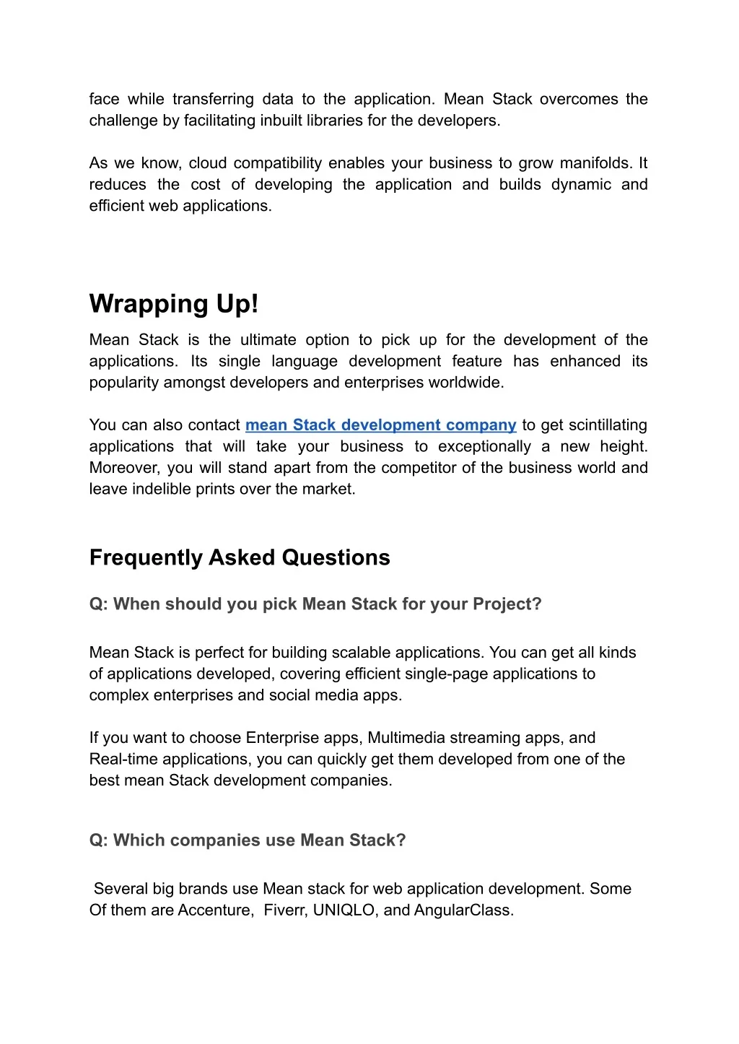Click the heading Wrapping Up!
[x=173, y=304]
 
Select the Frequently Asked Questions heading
[x=240, y=557]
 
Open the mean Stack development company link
[x=380, y=425]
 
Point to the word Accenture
[x=214, y=910]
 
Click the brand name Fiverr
[x=285, y=910]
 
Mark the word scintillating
[x=594, y=425]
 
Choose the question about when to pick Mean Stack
[x=315, y=604]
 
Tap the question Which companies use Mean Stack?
[x=248, y=840]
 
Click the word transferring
[x=213, y=99]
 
